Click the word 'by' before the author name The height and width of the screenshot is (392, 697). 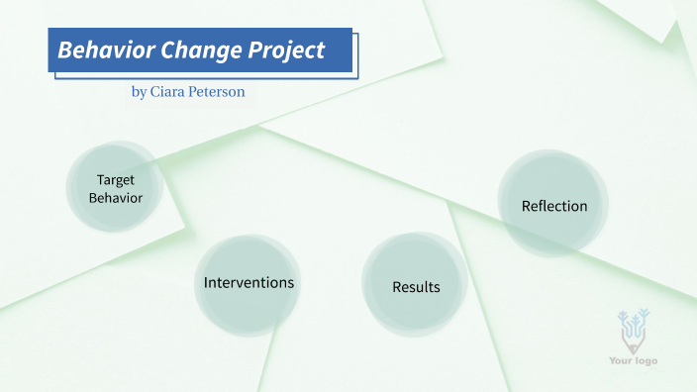click(x=139, y=91)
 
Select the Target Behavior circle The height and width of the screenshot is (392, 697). click(x=115, y=188)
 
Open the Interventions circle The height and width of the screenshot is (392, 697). click(x=248, y=283)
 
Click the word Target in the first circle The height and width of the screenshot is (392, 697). click(x=116, y=180)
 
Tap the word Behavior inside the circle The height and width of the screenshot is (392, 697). click(x=116, y=198)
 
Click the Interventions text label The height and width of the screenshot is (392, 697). click(x=249, y=283)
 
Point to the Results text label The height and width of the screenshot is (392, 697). click(x=416, y=288)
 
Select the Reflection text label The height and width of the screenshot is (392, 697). click(x=554, y=207)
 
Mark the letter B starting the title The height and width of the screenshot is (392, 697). click(x=64, y=50)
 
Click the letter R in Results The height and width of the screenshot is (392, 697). click(x=397, y=288)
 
